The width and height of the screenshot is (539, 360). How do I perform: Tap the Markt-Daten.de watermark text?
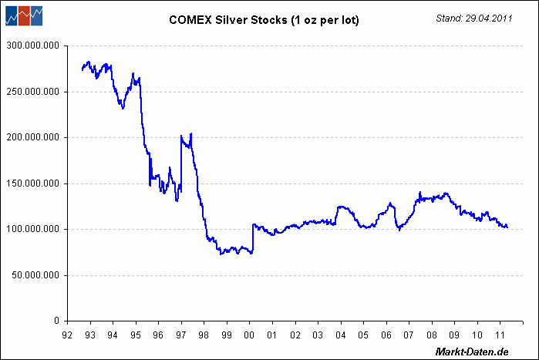pyautogui.click(x=472, y=352)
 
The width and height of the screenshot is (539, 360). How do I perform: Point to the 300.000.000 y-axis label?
pyautogui.click(x=32, y=46)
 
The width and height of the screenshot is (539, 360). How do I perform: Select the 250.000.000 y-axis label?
pyautogui.click(x=32, y=92)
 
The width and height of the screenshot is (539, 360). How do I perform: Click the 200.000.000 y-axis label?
pyautogui.click(x=32, y=137)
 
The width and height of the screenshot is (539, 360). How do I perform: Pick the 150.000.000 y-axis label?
pyautogui.click(x=32, y=183)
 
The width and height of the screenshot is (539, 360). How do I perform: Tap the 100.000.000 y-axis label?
pyautogui.click(x=32, y=229)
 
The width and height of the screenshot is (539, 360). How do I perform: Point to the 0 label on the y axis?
pyautogui.click(x=56, y=321)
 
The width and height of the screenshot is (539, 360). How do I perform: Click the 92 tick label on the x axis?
pyautogui.click(x=67, y=335)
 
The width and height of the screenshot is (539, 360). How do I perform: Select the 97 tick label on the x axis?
pyautogui.click(x=181, y=335)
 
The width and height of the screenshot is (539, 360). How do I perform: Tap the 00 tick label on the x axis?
pyautogui.click(x=249, y=335)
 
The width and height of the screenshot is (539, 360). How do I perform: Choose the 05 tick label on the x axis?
pyautogui.click(x=363, y=335)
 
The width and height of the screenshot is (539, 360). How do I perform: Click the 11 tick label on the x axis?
pyautogui.click(x=500, y=335)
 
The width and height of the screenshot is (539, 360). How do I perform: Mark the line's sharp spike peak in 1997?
pyautogui.click(x=191, y=133)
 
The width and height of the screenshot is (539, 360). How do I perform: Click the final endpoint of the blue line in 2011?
pyautogui.click(x=507, y=227)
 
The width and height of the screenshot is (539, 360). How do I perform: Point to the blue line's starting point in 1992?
pyautogui.click(x=81, y=70)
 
